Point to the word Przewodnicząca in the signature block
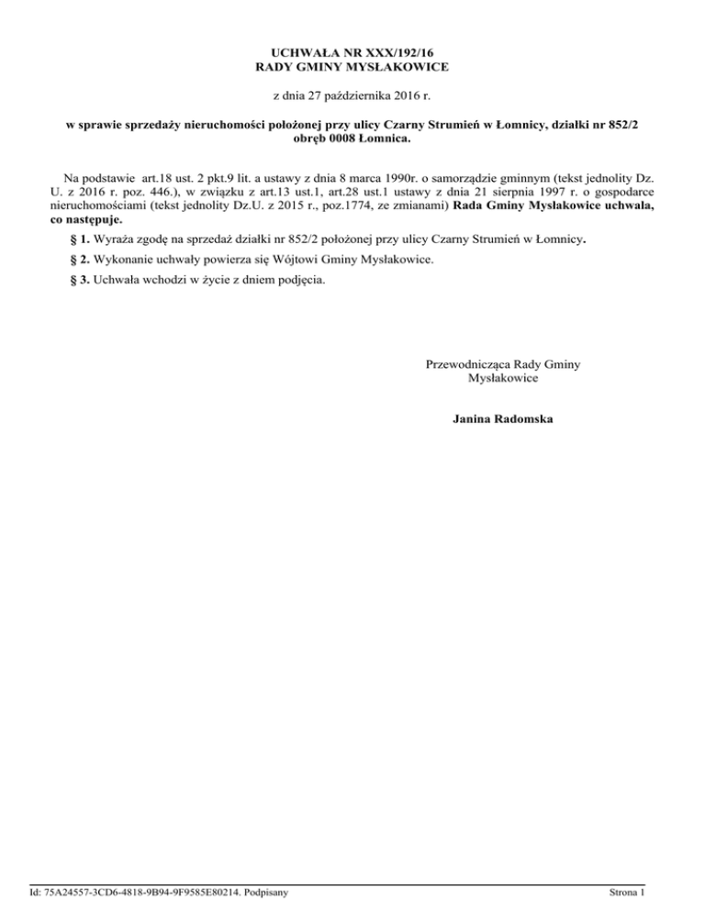click(x=468, y=364)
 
